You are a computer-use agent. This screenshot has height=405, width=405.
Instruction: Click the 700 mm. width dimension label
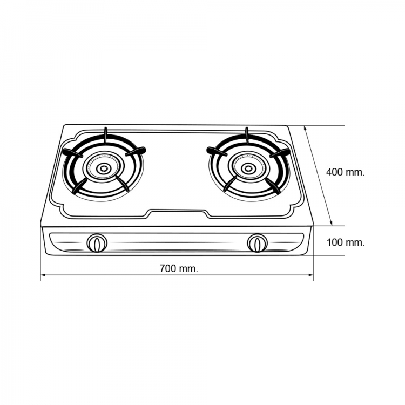pyautogui.click(x=179, y=268)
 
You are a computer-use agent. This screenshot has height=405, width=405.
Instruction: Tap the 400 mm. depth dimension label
pyautogui.click(x=346, y=172)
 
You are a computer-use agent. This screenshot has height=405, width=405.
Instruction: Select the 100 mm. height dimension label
pyautogui.click(x=346, y=242)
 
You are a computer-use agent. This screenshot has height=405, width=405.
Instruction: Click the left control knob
pyautogui.click(x=97, y=243)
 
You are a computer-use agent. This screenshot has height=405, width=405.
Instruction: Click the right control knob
pyautogui.click(x=257, y=243)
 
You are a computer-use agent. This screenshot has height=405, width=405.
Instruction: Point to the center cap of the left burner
pyautogui.click(x=103, y=168)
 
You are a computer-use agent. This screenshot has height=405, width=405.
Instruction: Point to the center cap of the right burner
pyautogui.click(x=248, y=168)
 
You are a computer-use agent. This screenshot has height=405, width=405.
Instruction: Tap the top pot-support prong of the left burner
pyautogui.click(x=105, y=135)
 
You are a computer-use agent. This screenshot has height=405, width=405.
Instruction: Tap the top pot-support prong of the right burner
pyautogui.click(x=247, y=135)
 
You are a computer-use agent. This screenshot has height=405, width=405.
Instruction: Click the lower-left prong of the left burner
pyautogui.click(x=80, y=186)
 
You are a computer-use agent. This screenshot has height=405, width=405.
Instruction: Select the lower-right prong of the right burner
pyautogui.click(x=273, y=186)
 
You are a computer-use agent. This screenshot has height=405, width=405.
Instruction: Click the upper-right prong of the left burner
pyautogui.click(x=136, y=151)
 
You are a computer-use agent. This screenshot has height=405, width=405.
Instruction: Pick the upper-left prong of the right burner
pyautogui.click(x=217, y=151)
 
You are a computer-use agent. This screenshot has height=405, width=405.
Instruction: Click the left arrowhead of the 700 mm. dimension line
pyautogui.click(x=43, y=275)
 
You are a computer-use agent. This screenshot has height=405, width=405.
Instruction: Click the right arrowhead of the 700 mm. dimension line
pyautogui.click(x=310, y=275)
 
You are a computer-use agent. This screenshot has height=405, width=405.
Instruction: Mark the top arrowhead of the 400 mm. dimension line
pyautogui.click(x=306, y=129)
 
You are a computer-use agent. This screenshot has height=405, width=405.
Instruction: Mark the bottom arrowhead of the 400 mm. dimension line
pyautogui.click(x=330, y=222)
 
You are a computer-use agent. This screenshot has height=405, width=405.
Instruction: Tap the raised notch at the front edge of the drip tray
pyautogui.click(x=178, y=212)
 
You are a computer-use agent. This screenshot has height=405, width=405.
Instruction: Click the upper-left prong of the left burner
pyautogui.click(x=72, y=152)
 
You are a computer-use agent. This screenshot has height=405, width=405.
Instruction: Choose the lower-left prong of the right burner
pyautogui.click(x=230, y=184)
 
